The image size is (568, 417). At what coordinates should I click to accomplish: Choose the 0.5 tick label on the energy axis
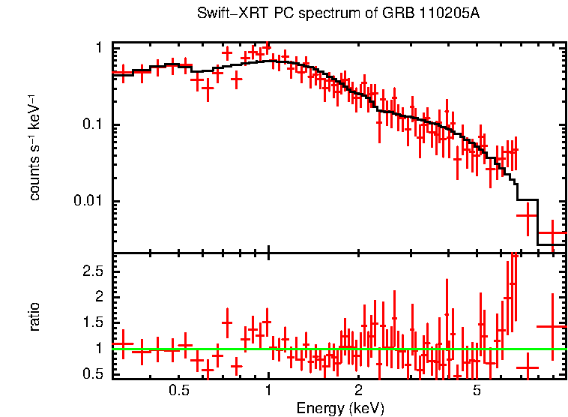click(178, 391)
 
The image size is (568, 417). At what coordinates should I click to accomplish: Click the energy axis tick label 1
click(268, 391)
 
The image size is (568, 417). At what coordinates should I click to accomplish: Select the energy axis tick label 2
click(358, 391)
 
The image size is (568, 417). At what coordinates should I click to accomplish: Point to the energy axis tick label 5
click(477, 391)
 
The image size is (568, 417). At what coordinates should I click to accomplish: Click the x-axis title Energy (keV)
click(340, 409)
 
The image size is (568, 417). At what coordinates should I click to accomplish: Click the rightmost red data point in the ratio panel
click(552, 326)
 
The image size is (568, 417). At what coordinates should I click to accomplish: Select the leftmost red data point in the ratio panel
click(123, 343)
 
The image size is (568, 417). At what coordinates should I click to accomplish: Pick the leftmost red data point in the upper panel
click(123, 73)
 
